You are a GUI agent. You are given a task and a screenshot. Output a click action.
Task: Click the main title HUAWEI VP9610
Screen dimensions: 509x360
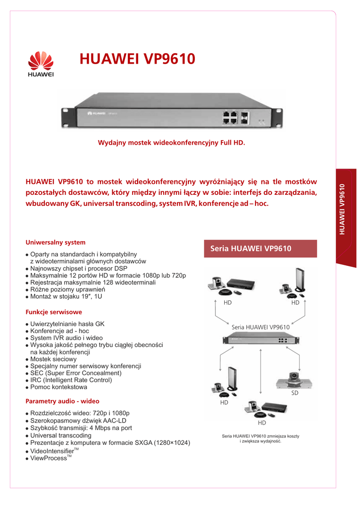pos(137,59)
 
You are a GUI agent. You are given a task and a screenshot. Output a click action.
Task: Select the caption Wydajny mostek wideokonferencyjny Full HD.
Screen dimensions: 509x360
pos(172,143)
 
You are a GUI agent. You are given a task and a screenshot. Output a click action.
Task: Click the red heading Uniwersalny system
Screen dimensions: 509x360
pos(55,243)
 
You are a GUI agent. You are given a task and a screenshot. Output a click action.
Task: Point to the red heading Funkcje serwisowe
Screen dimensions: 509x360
pos(54,312)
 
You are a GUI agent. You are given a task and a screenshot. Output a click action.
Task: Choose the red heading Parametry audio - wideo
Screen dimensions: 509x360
pos(62,401)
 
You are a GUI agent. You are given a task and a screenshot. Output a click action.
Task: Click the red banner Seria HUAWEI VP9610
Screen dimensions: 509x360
pos(261,249)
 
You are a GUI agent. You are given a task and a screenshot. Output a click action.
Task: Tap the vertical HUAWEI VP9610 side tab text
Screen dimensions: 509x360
pos(342,209)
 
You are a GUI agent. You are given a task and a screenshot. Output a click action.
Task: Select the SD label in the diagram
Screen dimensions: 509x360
pos(294,393)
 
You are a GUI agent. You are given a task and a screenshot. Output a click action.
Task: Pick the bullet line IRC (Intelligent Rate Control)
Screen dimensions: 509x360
pos(71,380)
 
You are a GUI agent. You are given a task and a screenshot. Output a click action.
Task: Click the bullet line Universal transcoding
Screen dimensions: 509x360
pos(61,435)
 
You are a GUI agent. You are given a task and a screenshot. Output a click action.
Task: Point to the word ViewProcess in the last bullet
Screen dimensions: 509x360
pos(49,458)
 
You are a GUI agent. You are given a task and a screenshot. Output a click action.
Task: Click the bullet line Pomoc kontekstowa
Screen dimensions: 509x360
pos(59,387)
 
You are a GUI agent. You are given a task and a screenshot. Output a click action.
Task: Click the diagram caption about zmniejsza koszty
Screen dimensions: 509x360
pos(261,439)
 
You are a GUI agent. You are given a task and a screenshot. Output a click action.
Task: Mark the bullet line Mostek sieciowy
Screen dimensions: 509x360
pos(53,359)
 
